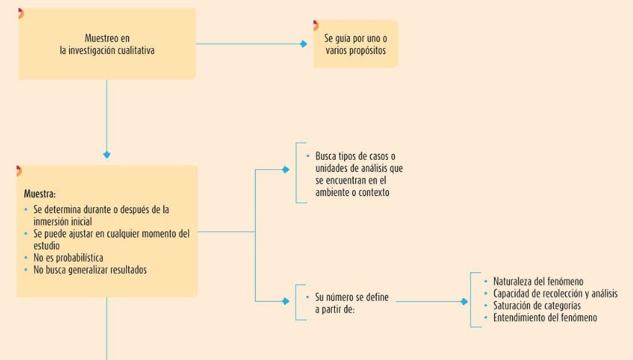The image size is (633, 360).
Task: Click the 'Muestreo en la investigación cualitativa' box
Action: coord(107,44)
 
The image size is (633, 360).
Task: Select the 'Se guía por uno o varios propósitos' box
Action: coord(355,44)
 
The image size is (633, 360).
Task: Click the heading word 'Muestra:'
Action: coord(40,194)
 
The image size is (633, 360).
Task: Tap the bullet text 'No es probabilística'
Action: coord(68,258)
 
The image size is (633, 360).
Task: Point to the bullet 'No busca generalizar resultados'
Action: coord(90,270)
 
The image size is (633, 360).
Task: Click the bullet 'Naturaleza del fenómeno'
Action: coord(538,282)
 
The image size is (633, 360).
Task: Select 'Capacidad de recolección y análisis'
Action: coord(555,294)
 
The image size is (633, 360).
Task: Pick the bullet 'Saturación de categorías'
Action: coord(537,305)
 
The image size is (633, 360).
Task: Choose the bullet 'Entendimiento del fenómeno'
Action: coord(544,318)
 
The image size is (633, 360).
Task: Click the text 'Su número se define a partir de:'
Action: coord(351,303)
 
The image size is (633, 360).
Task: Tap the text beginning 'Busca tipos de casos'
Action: coord(359,174)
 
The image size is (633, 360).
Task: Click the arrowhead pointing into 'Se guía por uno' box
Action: coord(304,44)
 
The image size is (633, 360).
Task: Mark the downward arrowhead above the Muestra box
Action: coord(107,155)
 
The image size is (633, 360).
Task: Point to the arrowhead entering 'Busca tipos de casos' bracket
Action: coord(286,170)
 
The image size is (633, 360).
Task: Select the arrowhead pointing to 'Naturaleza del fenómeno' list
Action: coord(464,302)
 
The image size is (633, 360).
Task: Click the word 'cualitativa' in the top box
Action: coord(133,50)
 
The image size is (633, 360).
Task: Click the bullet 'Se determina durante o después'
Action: coord(101,210)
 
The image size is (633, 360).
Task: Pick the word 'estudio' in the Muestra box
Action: coord(47,246)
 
